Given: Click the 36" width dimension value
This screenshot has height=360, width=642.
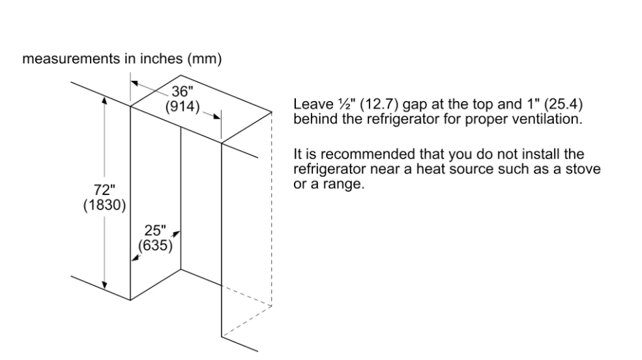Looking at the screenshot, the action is pos(182,91).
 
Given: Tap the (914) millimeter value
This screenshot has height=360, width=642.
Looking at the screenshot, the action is pos(182,106).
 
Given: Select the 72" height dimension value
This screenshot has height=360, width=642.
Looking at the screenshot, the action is pos(104,190).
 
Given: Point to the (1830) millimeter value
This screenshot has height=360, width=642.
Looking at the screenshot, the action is pos(104,205).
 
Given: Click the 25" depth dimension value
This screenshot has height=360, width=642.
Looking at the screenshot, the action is pos(155,230).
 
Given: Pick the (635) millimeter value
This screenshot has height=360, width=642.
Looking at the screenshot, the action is pos(155,245).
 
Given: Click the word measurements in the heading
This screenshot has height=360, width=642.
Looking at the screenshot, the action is pos(72,59).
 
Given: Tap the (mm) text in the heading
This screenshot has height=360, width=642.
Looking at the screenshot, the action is pos(204,59).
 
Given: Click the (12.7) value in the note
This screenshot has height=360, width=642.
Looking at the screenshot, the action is pos(379,104).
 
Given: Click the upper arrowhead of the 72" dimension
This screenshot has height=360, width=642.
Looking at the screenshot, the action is pos(105,100).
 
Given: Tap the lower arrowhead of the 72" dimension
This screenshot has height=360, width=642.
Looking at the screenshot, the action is pos(105,285).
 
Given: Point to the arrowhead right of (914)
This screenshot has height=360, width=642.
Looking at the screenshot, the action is pos(217,117).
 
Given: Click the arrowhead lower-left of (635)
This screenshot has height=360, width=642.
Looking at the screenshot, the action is pos(135,258).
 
